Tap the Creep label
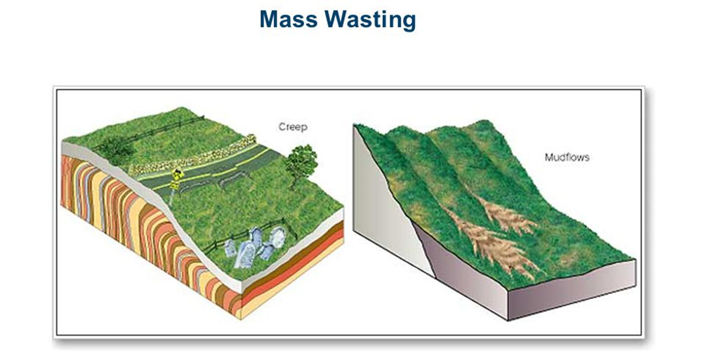point(293,127)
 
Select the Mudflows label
point(567,158)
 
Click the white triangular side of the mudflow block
point(386,204)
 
